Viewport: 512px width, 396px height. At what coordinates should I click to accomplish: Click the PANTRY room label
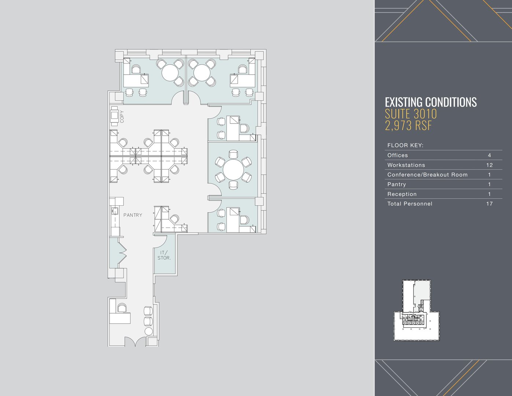[x=133, y=215]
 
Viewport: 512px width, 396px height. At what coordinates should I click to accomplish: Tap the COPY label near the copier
[x=122, y=117]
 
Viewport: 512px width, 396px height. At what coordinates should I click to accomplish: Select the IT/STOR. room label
[x=164, y=256]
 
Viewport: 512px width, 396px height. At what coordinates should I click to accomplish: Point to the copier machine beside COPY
[x=115, y=116]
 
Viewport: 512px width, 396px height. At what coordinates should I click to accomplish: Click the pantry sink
[x=115, y=211]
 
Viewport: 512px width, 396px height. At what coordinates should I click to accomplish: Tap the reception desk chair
[x=122, y=308]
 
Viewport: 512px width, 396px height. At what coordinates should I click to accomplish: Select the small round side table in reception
[x=149, y=331]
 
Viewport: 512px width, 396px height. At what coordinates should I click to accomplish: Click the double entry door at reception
[x=135, y=341]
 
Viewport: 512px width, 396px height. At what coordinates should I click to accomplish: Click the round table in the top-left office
[x=170, y=73]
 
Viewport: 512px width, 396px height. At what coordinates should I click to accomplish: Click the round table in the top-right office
[x=202, y=73]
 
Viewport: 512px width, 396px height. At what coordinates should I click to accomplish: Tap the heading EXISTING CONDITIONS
[x=431, y=102]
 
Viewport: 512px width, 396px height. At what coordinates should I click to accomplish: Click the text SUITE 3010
[x=411, y=114]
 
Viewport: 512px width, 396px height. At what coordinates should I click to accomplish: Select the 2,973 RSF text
[x=408, y=125]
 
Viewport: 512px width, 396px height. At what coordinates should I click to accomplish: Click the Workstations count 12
[x=489, y=165]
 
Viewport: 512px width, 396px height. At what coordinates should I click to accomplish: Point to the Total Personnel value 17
[x=489, y=203]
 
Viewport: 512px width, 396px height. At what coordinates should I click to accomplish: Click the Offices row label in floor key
[x=398, y=155]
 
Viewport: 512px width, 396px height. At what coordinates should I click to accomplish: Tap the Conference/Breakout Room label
[x=427, y=175]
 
